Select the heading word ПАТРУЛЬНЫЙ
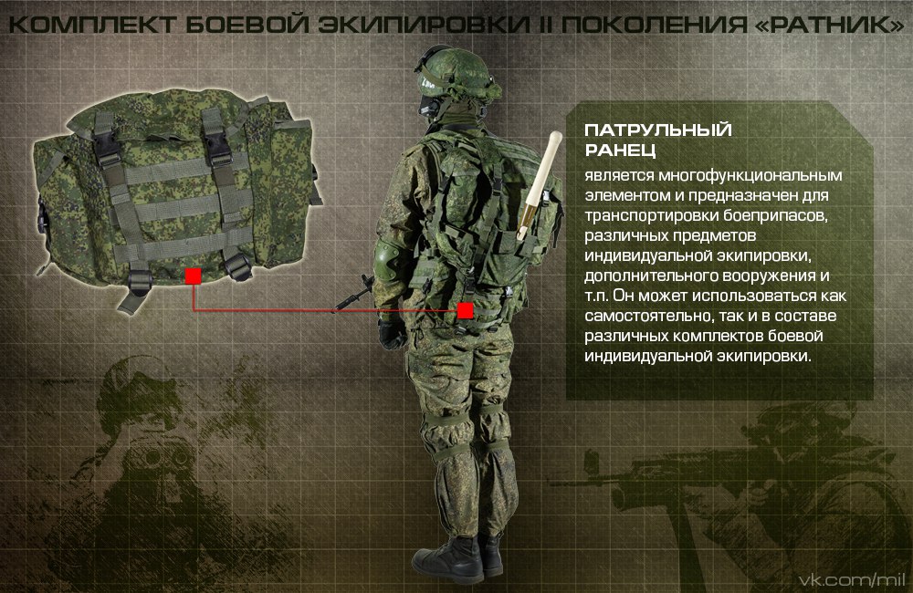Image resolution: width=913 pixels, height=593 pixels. point(657,130)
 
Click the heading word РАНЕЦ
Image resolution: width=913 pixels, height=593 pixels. point(621,151)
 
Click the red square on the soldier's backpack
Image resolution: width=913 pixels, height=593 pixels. point(465,311)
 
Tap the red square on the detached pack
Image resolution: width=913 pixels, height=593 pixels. point(192,276)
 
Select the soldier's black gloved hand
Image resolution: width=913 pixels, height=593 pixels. point(393,334)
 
